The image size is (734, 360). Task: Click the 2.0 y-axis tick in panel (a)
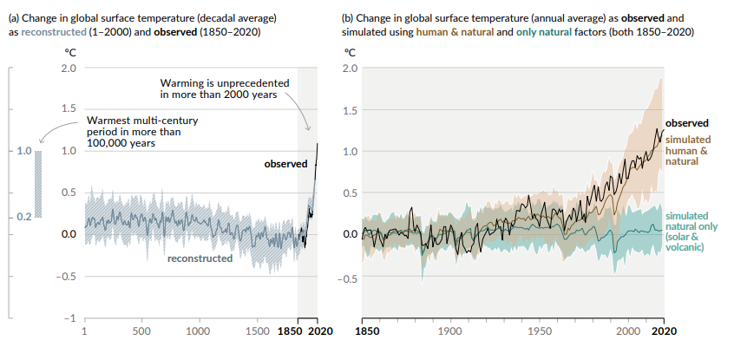coord(69,68)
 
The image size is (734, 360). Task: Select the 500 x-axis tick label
coord(141,331)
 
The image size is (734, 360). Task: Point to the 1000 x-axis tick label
coord(200,331)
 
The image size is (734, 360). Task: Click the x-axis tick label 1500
coord(258,331)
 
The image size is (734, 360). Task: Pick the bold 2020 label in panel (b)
coord(664,331)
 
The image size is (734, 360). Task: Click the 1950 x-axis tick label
coord(540,331)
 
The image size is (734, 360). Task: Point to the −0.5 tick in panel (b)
coord(347,279)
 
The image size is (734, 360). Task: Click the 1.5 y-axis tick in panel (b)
coord(350,110)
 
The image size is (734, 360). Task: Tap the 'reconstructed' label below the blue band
coord(200,259)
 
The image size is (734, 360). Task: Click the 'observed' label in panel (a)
coord(285,163)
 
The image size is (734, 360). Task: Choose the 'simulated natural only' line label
coord(688,231)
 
